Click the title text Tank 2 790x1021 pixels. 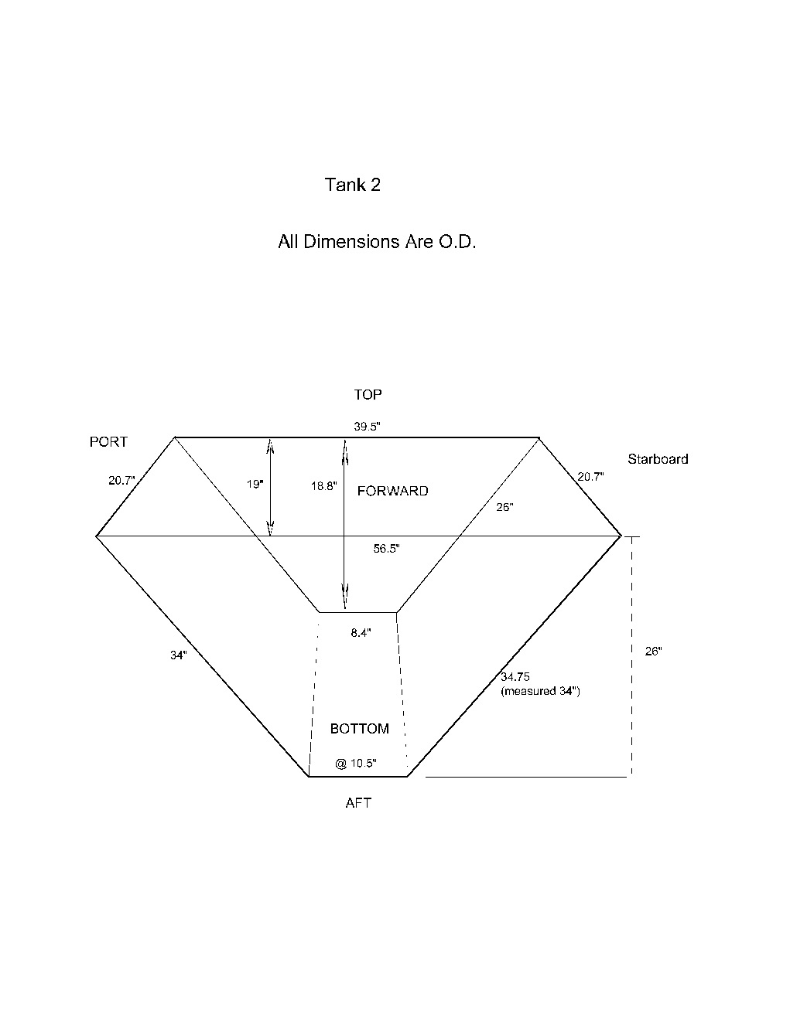tap(352, 185)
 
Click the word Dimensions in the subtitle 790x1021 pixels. tap(352, 241)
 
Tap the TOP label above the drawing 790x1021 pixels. tap(368, 395)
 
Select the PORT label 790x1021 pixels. tap(108, 442)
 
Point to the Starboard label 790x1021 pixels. tap(658, 459)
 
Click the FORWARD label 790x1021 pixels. tap(392, 491)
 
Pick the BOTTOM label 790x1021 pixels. tap(360, 729)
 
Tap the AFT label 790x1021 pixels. tap(358, 803)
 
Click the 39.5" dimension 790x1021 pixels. tap(368, 427)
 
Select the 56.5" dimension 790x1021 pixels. tap(387, 549)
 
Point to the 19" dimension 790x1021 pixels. tap(255, 484)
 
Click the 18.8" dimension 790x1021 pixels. tap(324, 486)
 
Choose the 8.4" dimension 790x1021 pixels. tap(361, 633)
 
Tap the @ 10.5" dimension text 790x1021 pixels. tap(356, 764)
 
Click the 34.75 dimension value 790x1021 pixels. tap(515, 677)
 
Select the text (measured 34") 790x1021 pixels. tap(540, 691)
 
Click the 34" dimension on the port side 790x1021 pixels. tap(179, 655)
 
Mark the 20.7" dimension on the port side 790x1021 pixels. tap(121, 481)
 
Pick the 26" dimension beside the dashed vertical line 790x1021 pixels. tap(654, 652)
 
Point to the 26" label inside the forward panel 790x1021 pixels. tap(505, 508)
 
